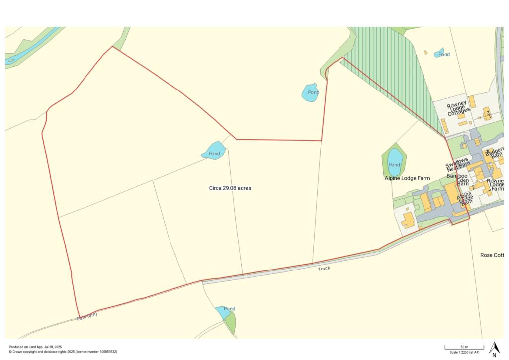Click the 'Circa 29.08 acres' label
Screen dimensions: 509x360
(x=230, y=188)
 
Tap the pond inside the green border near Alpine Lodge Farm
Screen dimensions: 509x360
(x=394, y=160)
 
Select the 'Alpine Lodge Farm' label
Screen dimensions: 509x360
(x=407, y=178)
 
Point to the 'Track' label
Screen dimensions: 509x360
(x=324, y=269)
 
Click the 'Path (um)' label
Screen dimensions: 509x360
(x=87, y=315)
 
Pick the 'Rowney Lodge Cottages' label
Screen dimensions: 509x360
(x=457, y=108)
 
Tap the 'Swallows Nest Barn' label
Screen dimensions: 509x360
(x=457, y=165)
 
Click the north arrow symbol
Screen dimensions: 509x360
(x=494, y=349)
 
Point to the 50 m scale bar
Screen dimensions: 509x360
(x=464, y=347)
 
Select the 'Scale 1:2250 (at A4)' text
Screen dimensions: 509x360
(x=464, y=352)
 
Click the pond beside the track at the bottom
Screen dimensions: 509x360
(x=223, y=312)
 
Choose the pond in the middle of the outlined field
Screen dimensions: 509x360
(x=214, y=151)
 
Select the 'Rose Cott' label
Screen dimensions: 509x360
(x=492, y=255)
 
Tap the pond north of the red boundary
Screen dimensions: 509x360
(x=310, y=92)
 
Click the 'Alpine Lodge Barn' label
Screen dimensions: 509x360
(x=465, y=199)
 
